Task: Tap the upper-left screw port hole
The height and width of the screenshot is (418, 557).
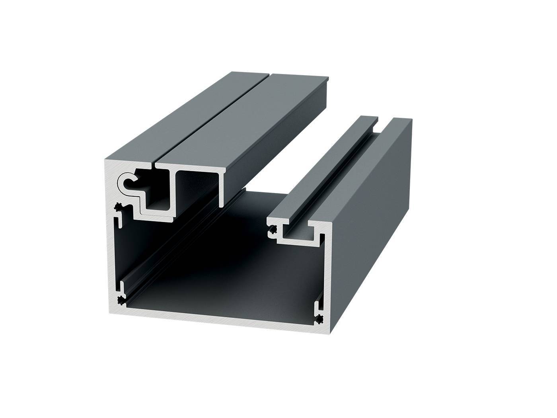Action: click(x=118, y=207)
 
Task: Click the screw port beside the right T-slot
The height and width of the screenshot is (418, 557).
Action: click(x=273, y=230)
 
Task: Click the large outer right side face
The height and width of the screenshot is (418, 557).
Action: click(x=370, y=223)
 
